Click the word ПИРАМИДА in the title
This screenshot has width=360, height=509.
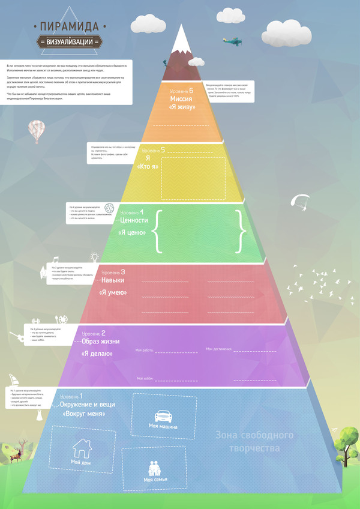pyautogui.click(x=70, y=26)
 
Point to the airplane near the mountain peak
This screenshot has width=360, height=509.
pyautogui.click(x=232, y=41)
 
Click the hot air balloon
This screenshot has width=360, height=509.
pyautogui.click(x=36, y=131)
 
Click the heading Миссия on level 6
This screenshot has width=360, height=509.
pyautogui.click(x=180, y=98)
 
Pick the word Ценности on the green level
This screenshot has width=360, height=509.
pyautogui.click(x=133, y=220)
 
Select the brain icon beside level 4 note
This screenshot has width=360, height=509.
pyautogui.click(x=110, y=208)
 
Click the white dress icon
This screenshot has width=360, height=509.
pyautogui.click(x=40, y=415)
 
